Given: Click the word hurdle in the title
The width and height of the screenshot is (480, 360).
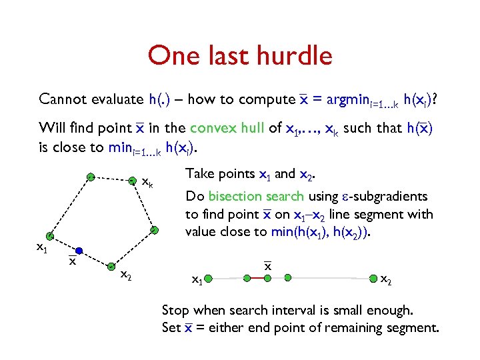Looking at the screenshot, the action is pyautogui.click(x=289, y=55).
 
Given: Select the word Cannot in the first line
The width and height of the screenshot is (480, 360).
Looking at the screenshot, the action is pyautogui.click(x=62, y=100).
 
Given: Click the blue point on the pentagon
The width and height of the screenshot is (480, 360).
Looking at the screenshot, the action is pyautogui.click(x=79, y=251).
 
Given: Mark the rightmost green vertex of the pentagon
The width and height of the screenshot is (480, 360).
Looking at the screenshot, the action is pyautogui.click(x=153, y=230).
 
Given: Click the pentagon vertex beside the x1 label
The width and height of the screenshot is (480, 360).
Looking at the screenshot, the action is pyautogui.click(x=49, y=237).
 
